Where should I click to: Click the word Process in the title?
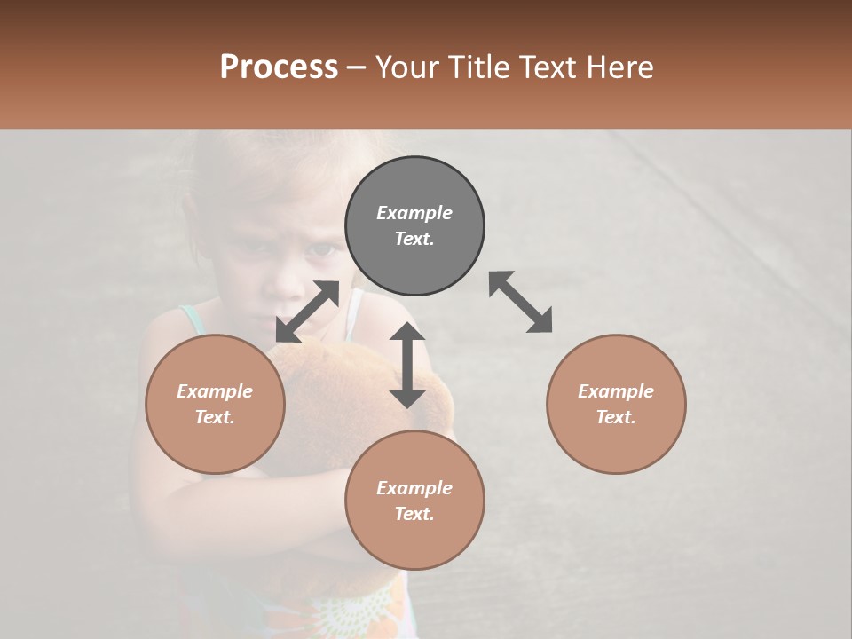coord(279,67)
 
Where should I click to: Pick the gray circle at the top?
coord(414,226)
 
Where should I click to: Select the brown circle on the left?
coord(215,404)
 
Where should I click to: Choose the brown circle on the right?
coord(616,404)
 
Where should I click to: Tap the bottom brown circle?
coord(414,501)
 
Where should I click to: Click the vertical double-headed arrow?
coord(407,365)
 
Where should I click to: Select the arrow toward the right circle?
coord(521,302)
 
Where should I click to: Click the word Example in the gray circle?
coord(414,213)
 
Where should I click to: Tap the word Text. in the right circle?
coord(616,417)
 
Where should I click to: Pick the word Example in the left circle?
coord(215,391)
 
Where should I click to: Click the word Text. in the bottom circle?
coord(414,514)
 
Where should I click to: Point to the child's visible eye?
coord(319,249)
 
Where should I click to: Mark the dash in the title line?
coord(357,67)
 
